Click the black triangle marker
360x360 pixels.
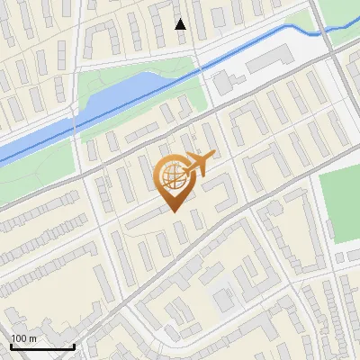(181, 23)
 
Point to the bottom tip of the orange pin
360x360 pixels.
(175, 211)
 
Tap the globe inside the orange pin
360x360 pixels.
(174, 176)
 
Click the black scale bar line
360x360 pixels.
(41, 346)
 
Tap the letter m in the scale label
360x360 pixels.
(32, 338)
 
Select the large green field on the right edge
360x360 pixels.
(340, 202)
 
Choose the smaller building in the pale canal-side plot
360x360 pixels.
(222, 85)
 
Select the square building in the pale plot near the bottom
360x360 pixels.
(221, 298)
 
